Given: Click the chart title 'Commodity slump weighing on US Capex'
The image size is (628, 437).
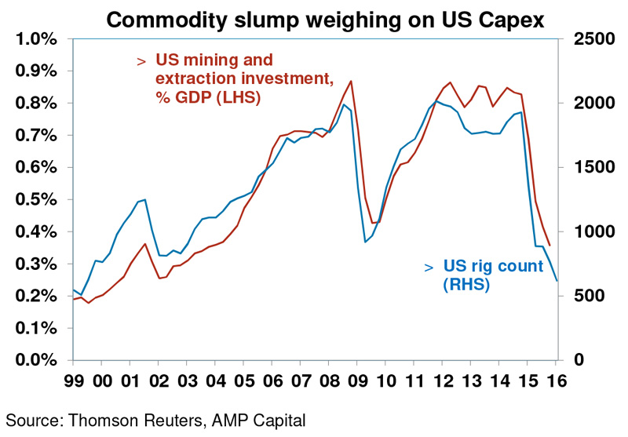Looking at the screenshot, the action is pos(325,20).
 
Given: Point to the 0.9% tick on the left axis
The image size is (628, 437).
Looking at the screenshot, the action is pos(36,71).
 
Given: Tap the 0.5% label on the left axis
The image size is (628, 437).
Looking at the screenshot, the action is pos(36,200).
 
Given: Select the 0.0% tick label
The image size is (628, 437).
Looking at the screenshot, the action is pos(36,360).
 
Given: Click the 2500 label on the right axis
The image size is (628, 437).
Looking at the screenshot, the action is pos(594,39).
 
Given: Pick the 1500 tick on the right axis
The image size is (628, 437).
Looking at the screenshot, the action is pos(594,167).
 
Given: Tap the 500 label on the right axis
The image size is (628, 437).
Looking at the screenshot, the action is pos(599,296).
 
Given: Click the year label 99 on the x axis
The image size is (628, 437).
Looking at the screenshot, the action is pos(74,381).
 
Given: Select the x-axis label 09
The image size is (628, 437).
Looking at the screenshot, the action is pos(358,381).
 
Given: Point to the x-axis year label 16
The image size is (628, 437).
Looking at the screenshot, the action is pos(557,381).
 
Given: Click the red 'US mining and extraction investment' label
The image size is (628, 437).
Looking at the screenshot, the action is pos(245,78).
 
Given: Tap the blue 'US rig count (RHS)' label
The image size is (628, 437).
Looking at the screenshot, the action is pos(493,275).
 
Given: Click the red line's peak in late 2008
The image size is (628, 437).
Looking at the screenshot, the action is pos(351,82).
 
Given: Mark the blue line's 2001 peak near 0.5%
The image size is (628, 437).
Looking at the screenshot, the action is pos(144,199).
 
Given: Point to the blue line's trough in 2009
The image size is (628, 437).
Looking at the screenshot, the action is pos(365,242).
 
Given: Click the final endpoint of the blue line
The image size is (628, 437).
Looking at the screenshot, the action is pos(557,281).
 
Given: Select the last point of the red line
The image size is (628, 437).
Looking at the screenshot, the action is pos(550,246).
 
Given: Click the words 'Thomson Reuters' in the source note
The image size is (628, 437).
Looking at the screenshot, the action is pos(135,421).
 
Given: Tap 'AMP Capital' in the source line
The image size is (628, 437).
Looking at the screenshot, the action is pos(258,421).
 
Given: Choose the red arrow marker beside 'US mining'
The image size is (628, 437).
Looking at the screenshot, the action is pos(141,62).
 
